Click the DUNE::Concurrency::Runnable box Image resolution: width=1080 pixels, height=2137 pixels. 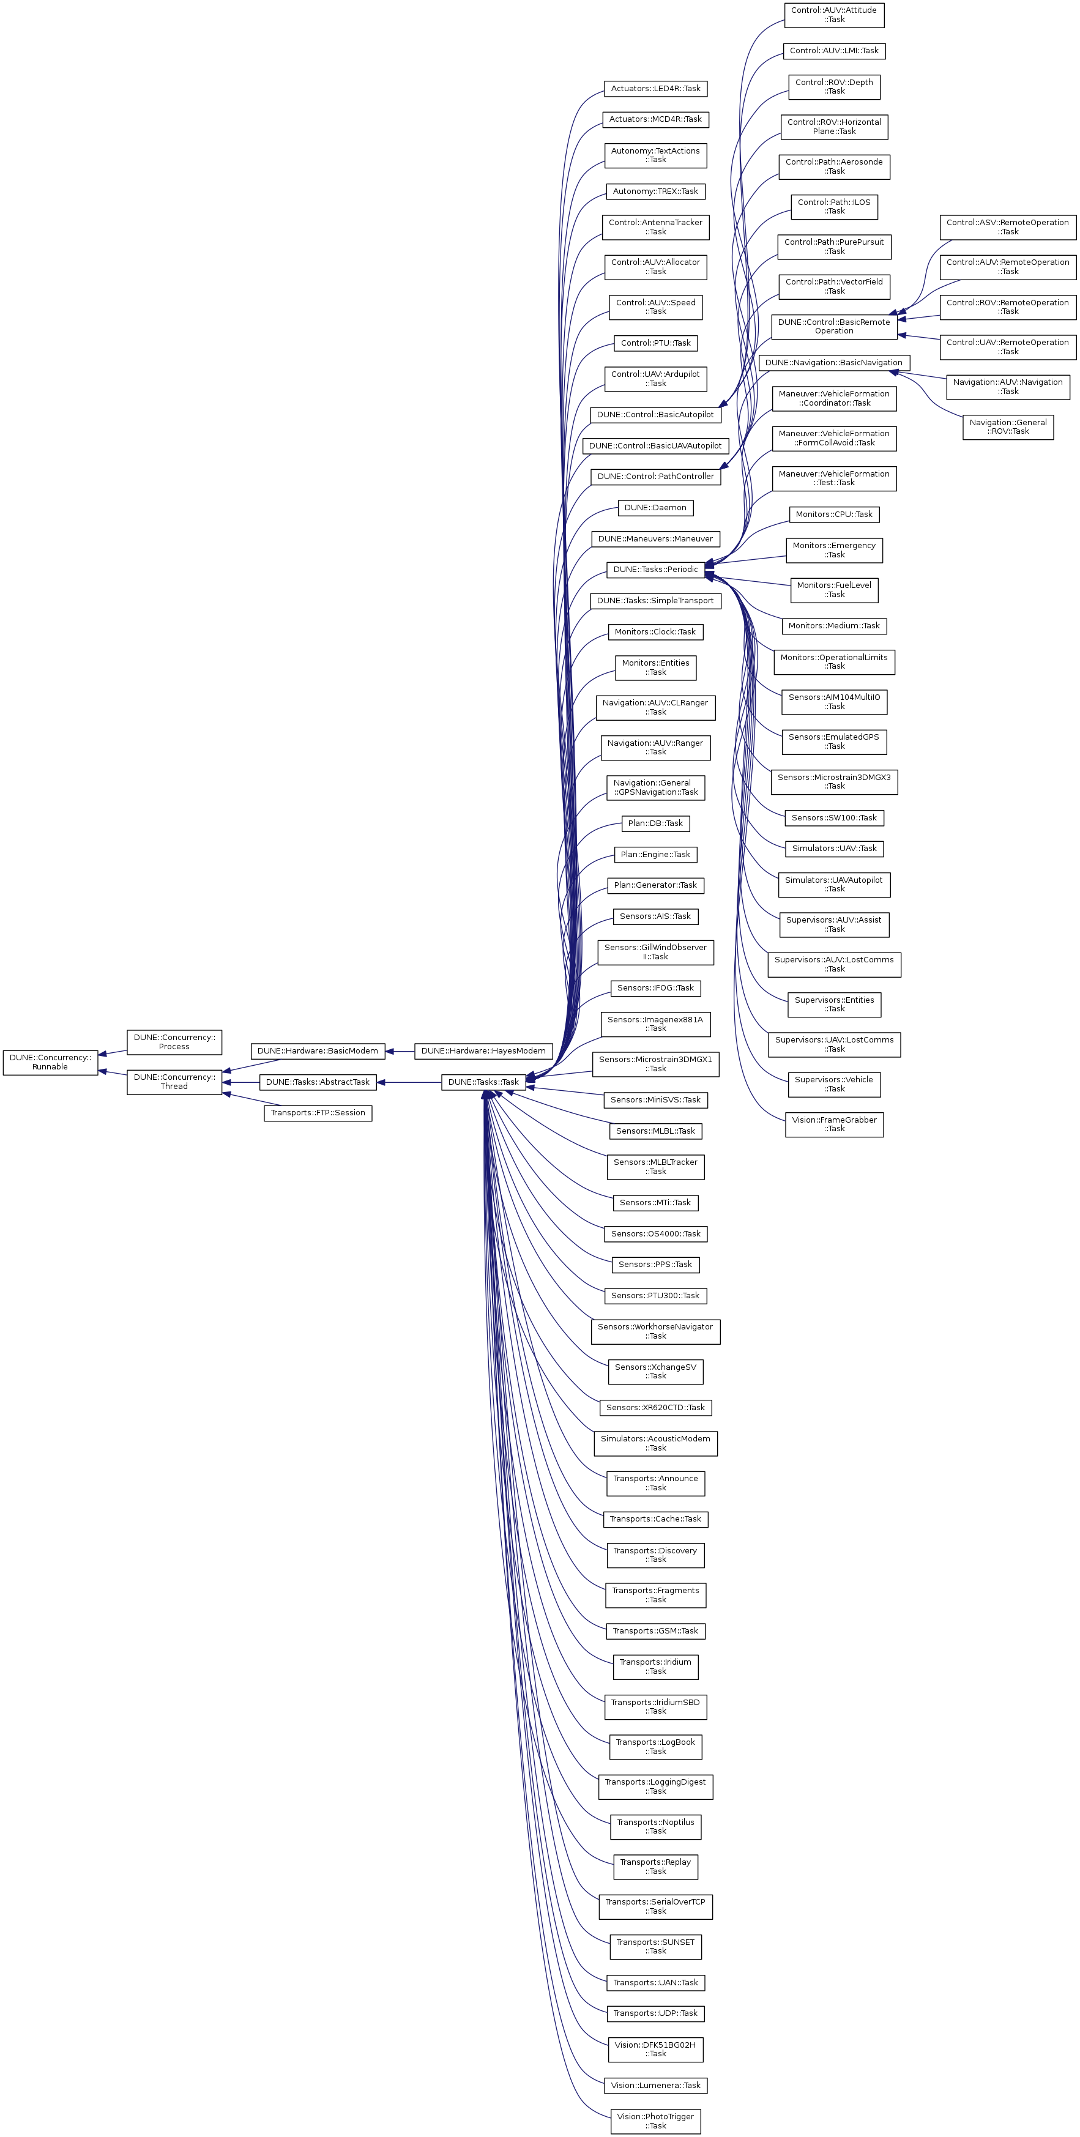tap(50, 1062)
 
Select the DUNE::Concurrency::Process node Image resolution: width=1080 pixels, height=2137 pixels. tap(174, 1042)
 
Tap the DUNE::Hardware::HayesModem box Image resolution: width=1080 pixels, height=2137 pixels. tap(483, 1051)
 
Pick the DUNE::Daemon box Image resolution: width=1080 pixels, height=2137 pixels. tap(655, 508)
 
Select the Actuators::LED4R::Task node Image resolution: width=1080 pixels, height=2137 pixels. tap(655, 89)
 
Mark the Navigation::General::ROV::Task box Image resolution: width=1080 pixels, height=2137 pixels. tap(1008, 427)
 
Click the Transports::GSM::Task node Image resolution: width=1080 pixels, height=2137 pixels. tap(655, 1631)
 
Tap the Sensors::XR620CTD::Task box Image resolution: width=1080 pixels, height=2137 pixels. tap(655, 1407)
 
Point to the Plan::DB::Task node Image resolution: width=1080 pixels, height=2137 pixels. tap(655, 823)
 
